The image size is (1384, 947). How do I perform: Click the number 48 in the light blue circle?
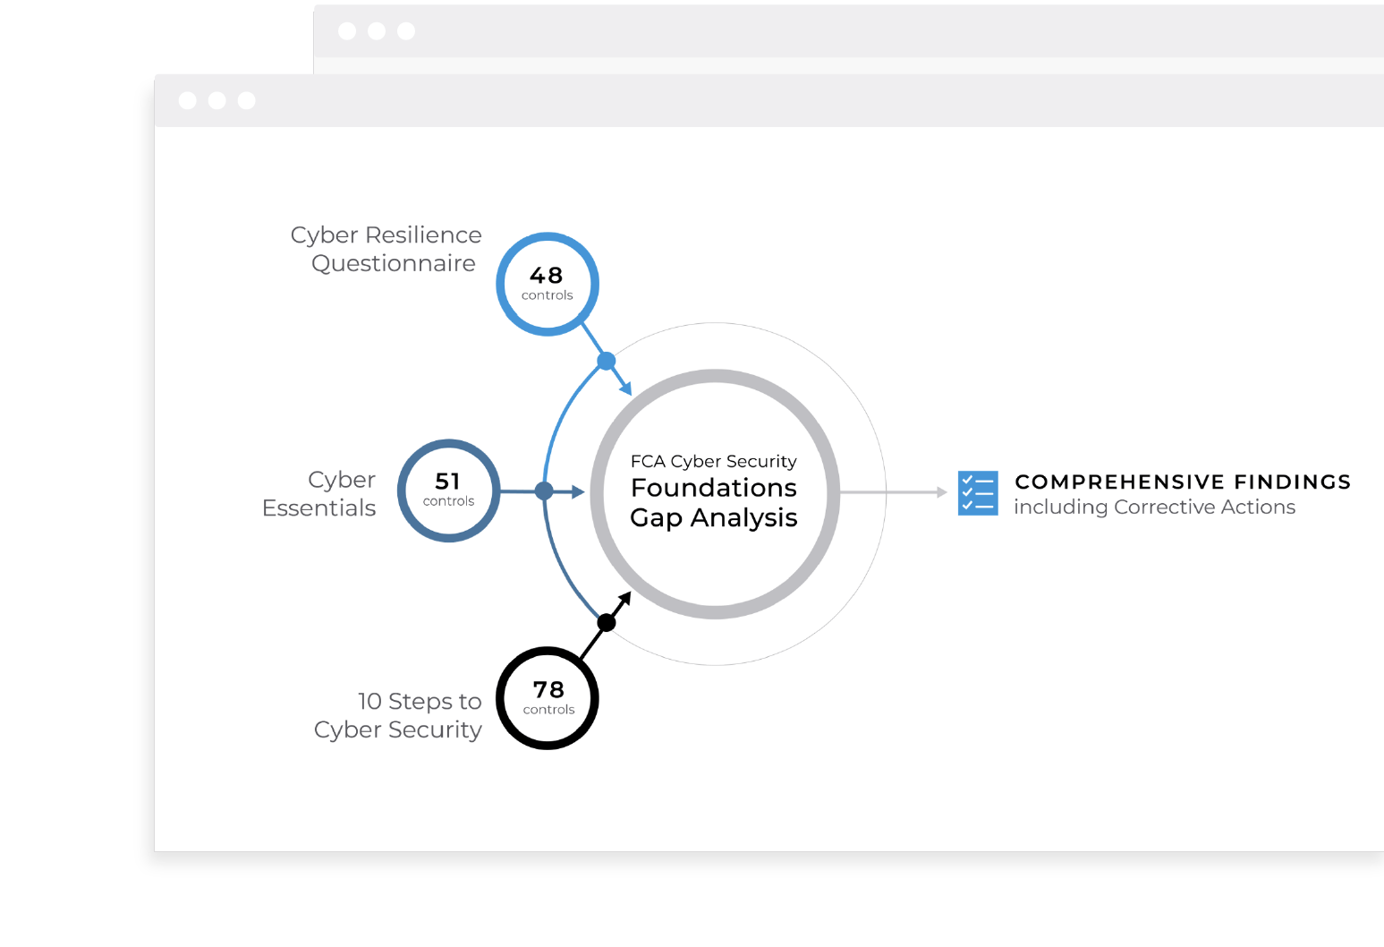click(547, 275)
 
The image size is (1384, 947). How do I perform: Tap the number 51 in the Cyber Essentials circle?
click(447, 481)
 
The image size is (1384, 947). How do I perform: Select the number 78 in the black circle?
click(548, 689)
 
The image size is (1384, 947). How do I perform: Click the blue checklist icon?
click(978, 492)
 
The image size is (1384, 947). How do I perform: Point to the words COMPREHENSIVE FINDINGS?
click(1183, 482)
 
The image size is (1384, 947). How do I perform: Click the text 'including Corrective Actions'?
click(1154, 507)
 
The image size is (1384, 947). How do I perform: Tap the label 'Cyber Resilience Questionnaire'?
click(386, 249)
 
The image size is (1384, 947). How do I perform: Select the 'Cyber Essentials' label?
click(318, 494)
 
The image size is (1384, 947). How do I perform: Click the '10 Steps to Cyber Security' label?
click(398, 715)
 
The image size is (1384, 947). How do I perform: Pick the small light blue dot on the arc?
click(607, 361)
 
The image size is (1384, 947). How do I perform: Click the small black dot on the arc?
click(607, 622)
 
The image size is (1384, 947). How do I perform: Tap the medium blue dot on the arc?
click(544, 491)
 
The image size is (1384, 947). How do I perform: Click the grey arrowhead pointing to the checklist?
click(942, 492)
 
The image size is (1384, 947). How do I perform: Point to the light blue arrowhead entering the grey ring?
click(626, 388)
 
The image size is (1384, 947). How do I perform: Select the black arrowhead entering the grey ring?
click(625, 599)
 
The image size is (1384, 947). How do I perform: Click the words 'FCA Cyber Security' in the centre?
click(714, 462)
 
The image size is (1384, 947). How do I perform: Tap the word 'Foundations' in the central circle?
click(714, 488)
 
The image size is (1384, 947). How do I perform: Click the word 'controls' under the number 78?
click(548, 710)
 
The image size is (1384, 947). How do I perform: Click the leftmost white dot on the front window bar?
click(188, 101)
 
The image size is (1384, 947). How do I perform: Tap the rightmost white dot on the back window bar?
click(406, 31)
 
